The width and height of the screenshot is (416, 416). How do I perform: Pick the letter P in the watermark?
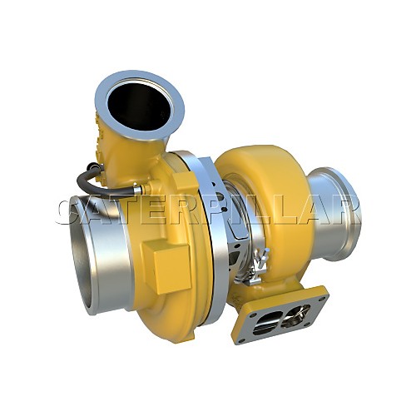click(x=221, y=211)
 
